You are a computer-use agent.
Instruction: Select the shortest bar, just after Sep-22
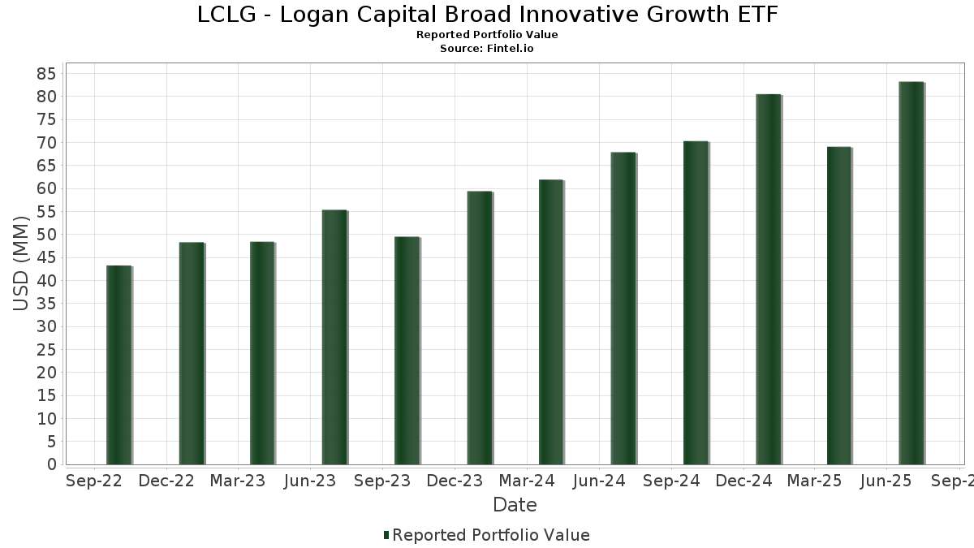[119, 365]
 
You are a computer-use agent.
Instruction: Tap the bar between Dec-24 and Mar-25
[768, 279]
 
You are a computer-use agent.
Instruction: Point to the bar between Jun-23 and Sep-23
[334, 337]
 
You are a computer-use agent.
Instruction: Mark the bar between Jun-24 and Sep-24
[623, 309]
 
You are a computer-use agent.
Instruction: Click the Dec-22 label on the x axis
[166, 481]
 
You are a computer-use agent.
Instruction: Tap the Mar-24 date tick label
[527, 481]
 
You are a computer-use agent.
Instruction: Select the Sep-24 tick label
[671, 481]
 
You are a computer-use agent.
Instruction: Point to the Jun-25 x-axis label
[885, 481]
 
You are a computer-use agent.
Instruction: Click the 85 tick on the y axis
[45, 74]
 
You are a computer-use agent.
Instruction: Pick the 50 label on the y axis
[45, 235]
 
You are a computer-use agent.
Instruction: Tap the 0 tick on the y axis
[51, 464]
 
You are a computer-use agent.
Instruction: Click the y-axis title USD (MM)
[22, 264]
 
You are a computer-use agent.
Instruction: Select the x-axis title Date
[515, 505]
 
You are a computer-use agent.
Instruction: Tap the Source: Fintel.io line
[487, 49]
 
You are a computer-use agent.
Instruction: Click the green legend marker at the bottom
[386, 535]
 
